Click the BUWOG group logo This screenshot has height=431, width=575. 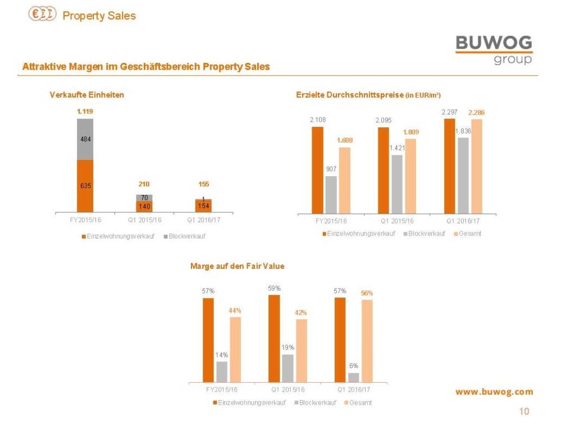pos(494,49)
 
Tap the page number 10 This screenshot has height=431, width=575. pos(523,412)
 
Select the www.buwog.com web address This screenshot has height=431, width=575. pos(494,392)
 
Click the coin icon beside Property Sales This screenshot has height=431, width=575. pos(42,15)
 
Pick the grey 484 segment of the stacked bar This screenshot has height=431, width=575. pos(85,139)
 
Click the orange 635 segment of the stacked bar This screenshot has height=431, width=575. pos(85,186)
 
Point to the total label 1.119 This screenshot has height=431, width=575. pos(85,111)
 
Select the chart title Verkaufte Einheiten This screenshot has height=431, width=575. pos(86,95)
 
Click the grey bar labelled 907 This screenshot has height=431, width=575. pos(331,195)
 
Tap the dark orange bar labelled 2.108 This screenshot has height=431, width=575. pos(318,170)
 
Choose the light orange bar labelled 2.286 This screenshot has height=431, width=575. pos(477,166)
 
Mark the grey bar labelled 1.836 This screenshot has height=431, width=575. pos(463,175)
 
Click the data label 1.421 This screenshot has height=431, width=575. pos(397,148)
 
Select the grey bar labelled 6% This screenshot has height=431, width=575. pos(354,378)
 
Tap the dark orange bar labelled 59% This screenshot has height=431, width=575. pos(274,338)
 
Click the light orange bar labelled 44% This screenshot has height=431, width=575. pos(235,350)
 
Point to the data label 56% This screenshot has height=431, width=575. pos(367,293)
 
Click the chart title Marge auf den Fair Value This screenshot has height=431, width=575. pos(237,266)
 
